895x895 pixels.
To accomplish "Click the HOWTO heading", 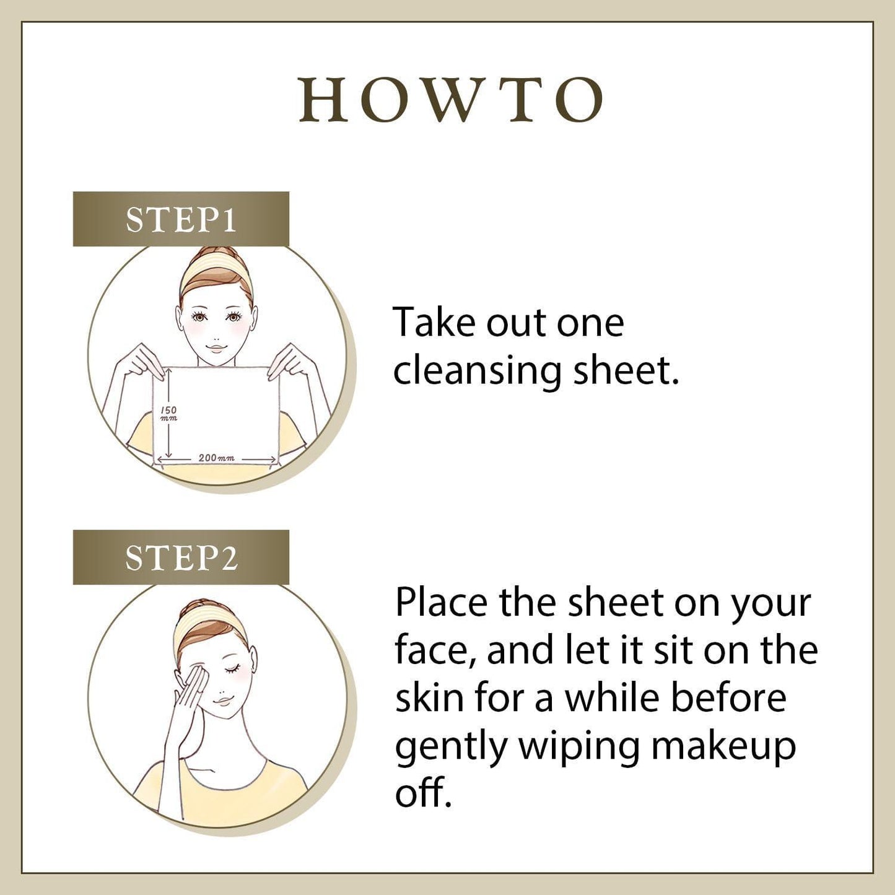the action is tap(451, 99).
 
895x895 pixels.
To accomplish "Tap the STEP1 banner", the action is tap(181, 219).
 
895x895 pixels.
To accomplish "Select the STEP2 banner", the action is tap(181, 557).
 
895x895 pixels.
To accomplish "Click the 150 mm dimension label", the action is tap(168, 414).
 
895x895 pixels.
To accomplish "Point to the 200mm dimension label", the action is tap(216, 458).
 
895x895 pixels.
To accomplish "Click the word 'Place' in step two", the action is tap(441, 603).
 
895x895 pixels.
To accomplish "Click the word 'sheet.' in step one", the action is tap(626, 371).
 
